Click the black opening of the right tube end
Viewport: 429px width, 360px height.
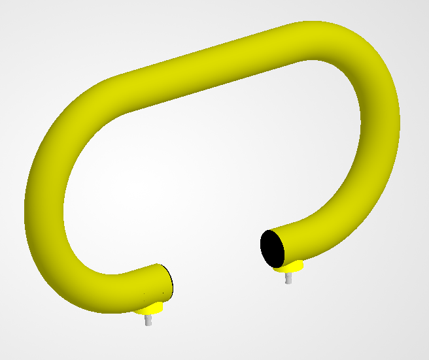pos(271,248)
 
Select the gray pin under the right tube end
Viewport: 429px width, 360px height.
pos(288,278)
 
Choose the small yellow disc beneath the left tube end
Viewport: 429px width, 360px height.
pos(153,308)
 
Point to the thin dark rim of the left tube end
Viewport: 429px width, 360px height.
pos(169,280)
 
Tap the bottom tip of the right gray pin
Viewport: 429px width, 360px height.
pos(288,282)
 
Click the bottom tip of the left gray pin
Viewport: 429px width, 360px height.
pos(148,324)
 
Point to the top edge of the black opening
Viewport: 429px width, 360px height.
pos(268,231)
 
